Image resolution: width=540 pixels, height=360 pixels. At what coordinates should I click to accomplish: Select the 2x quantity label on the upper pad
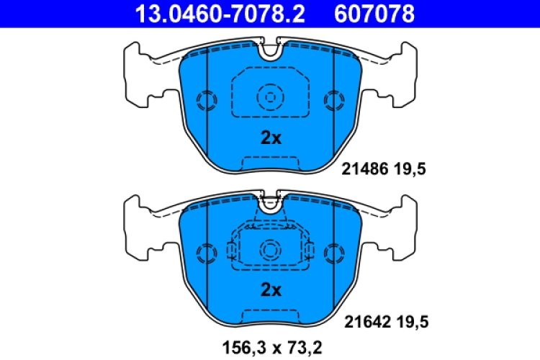tap(270, 138)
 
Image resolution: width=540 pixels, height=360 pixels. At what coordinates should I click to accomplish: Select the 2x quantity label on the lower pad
tap(270, 290)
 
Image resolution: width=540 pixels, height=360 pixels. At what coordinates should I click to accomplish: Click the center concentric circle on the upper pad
tap(270, 96)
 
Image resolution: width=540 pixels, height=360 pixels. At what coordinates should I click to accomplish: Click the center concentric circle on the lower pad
tap(270, 249)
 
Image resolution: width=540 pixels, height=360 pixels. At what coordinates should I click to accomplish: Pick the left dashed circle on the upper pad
tap(206, 100)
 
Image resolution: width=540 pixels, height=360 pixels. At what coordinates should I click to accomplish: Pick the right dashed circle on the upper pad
tap(334, 100)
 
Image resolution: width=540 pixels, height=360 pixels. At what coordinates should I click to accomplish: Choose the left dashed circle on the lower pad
tap(206, 252)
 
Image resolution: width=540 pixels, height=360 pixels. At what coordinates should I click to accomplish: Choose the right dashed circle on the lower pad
tap(334, 252)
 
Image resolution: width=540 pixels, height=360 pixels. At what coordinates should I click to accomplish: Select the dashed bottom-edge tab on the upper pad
tap(270, 163)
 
